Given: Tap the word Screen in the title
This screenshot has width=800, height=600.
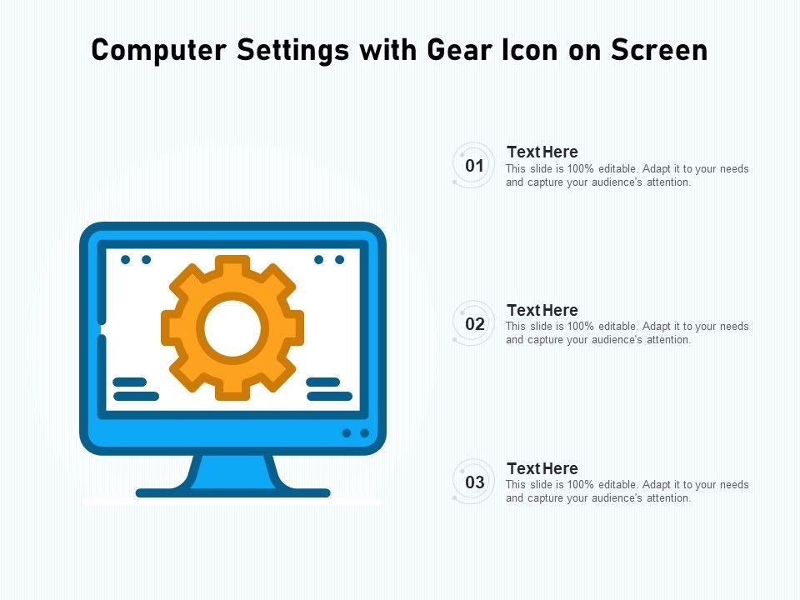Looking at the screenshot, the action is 659,50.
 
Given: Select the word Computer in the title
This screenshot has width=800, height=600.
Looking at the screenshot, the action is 158,51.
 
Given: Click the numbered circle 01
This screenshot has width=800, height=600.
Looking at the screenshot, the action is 474,165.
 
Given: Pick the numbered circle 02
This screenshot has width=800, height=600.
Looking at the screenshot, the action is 474,323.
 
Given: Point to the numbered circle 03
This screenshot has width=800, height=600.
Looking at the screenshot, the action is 474,482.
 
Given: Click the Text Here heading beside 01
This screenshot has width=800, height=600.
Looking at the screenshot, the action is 542,152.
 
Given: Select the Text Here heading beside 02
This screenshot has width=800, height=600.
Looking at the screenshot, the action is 542,310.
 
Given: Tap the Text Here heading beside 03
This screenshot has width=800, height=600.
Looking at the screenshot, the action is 542,467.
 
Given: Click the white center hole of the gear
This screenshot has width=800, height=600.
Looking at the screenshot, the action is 232,328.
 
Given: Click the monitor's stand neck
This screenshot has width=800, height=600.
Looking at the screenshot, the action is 233,472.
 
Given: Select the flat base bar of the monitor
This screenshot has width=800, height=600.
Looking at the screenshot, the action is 233,492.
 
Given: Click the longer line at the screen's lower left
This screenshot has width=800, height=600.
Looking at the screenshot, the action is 136,396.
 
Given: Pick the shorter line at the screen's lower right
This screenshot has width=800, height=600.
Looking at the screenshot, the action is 323,382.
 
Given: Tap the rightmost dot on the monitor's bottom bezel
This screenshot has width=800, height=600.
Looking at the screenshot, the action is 364,433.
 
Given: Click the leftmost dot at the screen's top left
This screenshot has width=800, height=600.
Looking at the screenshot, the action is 126,260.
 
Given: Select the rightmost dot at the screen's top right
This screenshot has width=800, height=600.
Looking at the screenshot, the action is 339,260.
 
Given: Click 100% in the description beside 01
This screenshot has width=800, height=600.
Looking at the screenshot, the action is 581,169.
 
